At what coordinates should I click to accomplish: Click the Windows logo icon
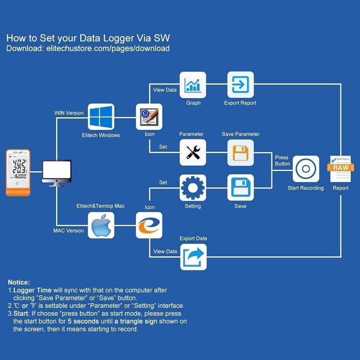pyautogui.click(x=101, y=117)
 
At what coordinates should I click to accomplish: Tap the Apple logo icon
pyautogui.click(x=101, y=225)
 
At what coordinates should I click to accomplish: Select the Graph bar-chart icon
pyautogui.click(x=193, y=85)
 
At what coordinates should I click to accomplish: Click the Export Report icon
pyautogui.click(x=240, y=85)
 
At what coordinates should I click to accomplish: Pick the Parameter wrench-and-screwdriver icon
pyautogui.click(x=193, y=152)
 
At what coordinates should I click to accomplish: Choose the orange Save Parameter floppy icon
pyautogui.click(x=240, y=152)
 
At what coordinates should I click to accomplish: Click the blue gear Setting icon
pyautogui.click(x=193, y=188)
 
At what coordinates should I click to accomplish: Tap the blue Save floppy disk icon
pyautogui.click(x=240, y=188)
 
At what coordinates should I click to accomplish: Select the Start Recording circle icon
pyautogui.click(x=306, y=169)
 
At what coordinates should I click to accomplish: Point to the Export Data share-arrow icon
pyautogui.click(x=193, y=257)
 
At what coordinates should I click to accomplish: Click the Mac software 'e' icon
pyautogui.click(x=149, y=225)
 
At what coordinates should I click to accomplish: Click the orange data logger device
pyautogui.click(x=18, y=173)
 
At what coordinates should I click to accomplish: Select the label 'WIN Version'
pyautogui.click(x=69, y=113)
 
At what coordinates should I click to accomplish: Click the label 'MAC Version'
pyautogui.click(x=68, y=231)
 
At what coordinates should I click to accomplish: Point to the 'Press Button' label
pyautogui.click(x=282, y=161)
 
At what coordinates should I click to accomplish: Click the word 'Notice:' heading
pyautogui.click(x=19, y=282)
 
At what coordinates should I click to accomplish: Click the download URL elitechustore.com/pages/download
pyautogui.click(x=108, y=49)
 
